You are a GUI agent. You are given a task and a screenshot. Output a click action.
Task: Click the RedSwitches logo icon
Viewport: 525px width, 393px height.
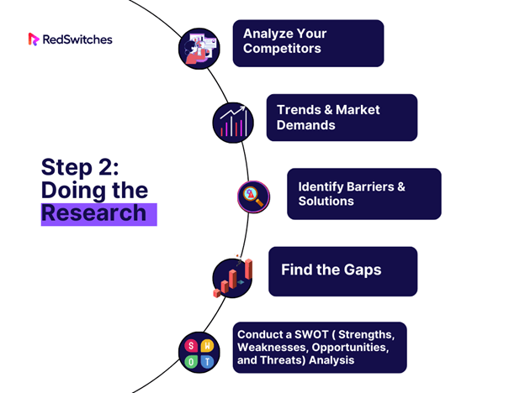34,39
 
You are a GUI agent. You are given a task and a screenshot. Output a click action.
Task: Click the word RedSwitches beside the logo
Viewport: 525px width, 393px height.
77,39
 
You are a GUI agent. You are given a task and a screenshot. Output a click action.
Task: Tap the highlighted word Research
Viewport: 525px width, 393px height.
94,213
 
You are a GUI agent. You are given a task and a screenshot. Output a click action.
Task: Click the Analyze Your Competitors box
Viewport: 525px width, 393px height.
308,43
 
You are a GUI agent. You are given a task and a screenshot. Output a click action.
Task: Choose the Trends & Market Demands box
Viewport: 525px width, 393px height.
342,118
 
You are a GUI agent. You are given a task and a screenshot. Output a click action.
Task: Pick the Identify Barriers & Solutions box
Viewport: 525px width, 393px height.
364,194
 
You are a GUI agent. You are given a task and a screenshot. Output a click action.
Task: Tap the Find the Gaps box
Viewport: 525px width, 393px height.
343,271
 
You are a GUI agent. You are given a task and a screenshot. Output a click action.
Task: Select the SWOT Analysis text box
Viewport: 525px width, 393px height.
320,347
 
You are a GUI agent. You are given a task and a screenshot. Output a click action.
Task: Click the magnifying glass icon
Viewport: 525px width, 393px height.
253,196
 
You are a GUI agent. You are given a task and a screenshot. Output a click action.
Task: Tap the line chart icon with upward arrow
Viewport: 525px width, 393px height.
233,123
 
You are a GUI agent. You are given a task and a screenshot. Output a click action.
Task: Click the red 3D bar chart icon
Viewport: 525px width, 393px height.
233,278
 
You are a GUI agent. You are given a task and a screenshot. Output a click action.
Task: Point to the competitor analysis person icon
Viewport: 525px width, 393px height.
199,49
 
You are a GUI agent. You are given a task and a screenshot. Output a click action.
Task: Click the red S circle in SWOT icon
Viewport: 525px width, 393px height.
191,345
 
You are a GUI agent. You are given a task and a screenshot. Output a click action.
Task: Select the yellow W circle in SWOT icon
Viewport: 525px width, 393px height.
207,345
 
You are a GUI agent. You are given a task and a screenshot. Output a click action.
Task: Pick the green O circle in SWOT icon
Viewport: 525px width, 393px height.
191,362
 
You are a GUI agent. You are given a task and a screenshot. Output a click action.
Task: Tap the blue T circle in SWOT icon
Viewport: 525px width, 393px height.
207,362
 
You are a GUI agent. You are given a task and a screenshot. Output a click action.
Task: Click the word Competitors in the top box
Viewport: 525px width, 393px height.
282,49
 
